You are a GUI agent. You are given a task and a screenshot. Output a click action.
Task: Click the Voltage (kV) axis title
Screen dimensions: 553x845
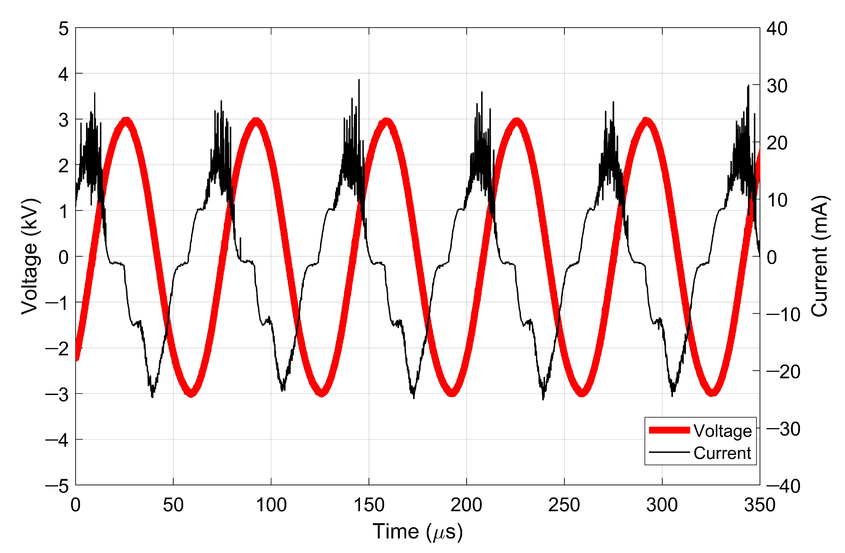[30, 256]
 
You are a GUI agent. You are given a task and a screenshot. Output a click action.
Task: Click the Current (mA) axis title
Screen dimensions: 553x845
[820, 256]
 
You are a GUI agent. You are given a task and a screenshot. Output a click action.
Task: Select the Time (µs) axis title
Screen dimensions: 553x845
[418, 532]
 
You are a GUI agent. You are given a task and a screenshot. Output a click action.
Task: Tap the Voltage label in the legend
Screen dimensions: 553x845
[723, 431]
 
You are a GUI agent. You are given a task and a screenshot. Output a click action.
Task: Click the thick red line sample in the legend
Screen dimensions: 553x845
[669, 430]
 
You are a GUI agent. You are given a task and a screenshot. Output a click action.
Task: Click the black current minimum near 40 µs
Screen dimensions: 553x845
[152, 396]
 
